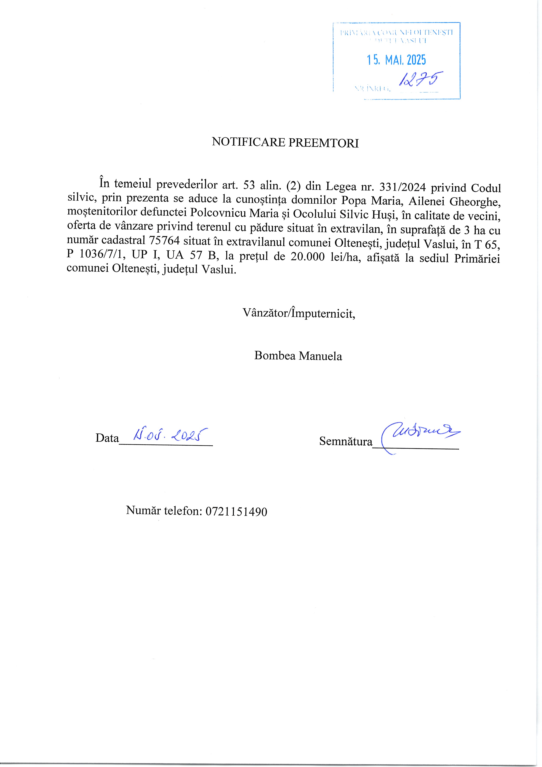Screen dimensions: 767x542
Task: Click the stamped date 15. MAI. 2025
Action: coord(396,60)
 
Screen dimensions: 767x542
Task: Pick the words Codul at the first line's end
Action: coord(486,188)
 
